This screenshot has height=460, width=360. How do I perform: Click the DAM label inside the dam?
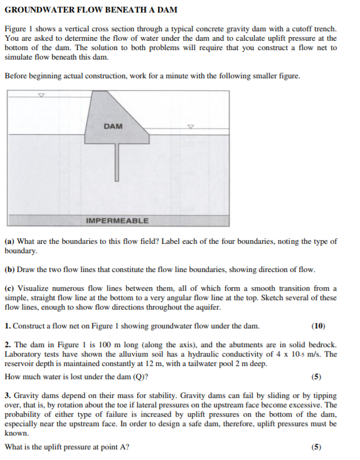pyautogui.click(x=114, y=126)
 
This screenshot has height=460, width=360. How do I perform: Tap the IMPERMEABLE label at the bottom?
pyautogui.click(x=117, y=221)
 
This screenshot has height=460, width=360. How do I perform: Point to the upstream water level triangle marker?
pyautogui.click(x=41, y=96)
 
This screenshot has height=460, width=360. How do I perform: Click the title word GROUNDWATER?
pyautogui.click(x=36, y=10)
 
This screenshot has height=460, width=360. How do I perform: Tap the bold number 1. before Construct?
pyautogui.click(x=8, y=326)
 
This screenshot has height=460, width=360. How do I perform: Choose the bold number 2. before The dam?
pyautogui.click(x=8, y=345)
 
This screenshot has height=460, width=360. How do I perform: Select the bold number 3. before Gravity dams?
pyautogui.click(x=8, y=396)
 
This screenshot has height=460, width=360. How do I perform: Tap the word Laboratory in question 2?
pyautogui.click(x=24, y=354)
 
